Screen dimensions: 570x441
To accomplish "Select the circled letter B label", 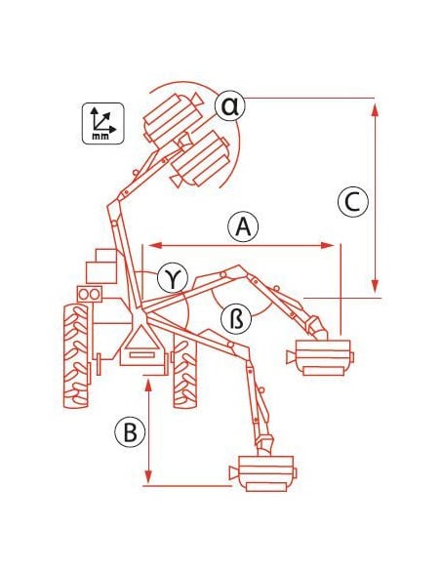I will point(128,430).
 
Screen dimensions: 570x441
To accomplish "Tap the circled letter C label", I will point(352,202).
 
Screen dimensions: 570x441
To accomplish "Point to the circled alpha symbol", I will point(228,104).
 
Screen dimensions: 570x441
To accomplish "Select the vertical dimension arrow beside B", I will point(147,430).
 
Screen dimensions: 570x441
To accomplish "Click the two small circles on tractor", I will point(88,293).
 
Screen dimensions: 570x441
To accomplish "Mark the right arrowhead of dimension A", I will point(336,245).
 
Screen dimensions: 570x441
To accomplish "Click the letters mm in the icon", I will point(100,137).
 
